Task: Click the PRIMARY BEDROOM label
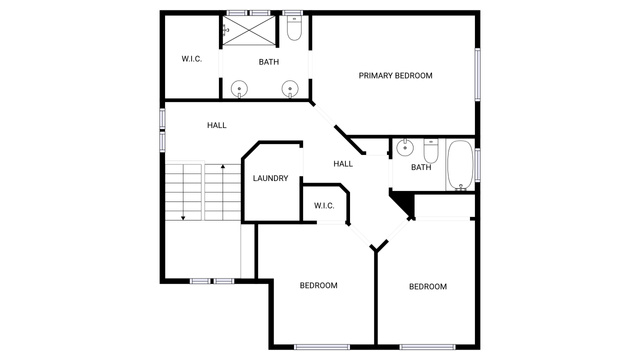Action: (x=395, y=76)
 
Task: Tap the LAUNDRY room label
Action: (x=270, y=178)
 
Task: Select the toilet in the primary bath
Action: (x=294, y=28)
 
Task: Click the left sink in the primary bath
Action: (x=239, y=89)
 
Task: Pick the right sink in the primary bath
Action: (x=290, y=89)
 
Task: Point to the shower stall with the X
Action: (x=249, y=30)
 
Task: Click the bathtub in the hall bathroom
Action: (x=460, y=165)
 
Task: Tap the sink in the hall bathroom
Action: (x=404, y=147)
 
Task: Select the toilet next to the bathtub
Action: (x=431, y=151)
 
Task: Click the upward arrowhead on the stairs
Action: (x=223, y=167)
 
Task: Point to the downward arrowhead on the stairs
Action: (x=183, y=218)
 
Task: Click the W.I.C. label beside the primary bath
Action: (x=191, y=59)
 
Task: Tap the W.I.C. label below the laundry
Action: (x=324, y=206)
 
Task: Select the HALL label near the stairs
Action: (x=216, y=125)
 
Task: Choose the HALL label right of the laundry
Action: (x=343, y=164)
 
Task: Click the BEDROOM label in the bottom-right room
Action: (x=428, y=287)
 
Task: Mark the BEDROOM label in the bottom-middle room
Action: (x=318, y=285)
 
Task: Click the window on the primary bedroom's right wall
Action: (x=477, y=74)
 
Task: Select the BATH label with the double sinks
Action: (x=269, y=62)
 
